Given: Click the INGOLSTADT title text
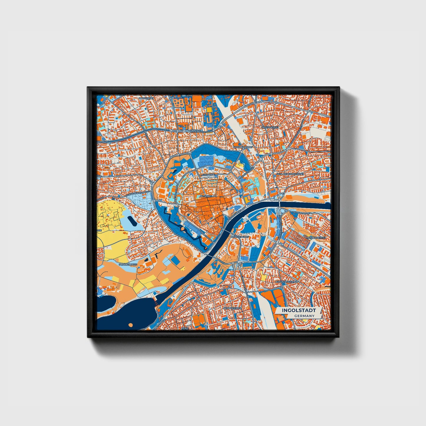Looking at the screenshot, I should pos(299,310).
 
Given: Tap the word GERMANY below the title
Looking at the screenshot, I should pos(304,316).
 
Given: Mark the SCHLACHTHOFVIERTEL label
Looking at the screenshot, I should pos(290,174).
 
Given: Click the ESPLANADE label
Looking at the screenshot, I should pos(208,174).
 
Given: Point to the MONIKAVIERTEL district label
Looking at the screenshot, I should pos(316,238).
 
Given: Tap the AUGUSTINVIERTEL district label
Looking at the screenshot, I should pos(286,282).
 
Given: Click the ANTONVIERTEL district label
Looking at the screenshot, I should pos(233,308).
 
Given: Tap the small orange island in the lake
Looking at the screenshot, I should pos(131,325).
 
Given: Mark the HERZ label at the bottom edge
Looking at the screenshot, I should pos(185,328).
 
